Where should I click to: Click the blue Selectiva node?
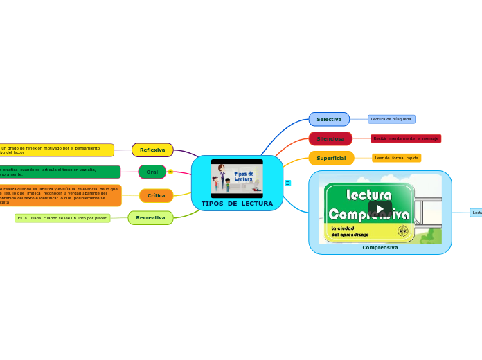click(329, 119)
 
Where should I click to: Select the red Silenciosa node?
click(330, 138)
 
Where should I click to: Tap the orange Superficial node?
click(331, 158)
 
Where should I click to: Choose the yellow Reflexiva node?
click(152, 150)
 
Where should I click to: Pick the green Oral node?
click(152, 172)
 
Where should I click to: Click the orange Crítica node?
click(156, 195)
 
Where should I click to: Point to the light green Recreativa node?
click(150, 217)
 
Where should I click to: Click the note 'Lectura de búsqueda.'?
click(391, 119)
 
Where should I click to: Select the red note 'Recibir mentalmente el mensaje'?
click(406, 138)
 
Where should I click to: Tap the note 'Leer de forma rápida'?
click(396, 158)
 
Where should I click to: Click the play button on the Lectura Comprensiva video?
click(380, 208)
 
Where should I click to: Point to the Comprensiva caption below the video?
click(380, 247)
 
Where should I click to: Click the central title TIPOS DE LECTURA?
click(237, 204)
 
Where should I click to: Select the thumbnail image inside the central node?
click(237, 178)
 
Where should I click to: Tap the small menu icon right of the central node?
click(287, 183)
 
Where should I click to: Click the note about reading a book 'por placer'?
click(62, 218)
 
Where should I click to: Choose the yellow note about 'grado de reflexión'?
click(55, 150)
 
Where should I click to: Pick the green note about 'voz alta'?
click(59, 172)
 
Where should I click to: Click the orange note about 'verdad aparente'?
click(60, 195)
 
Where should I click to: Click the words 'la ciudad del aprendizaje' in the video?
click(350, 231)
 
